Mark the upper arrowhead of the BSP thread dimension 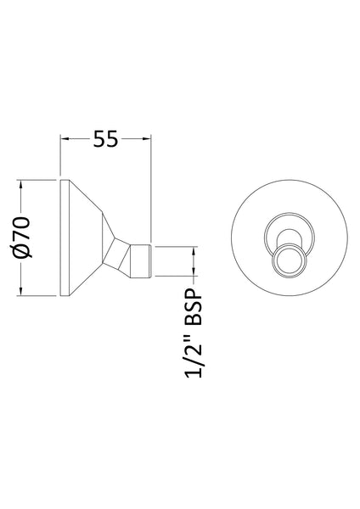pyautogui.click(x=194, y=250)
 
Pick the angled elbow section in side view pyautogui.click(x=123, y=255)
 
